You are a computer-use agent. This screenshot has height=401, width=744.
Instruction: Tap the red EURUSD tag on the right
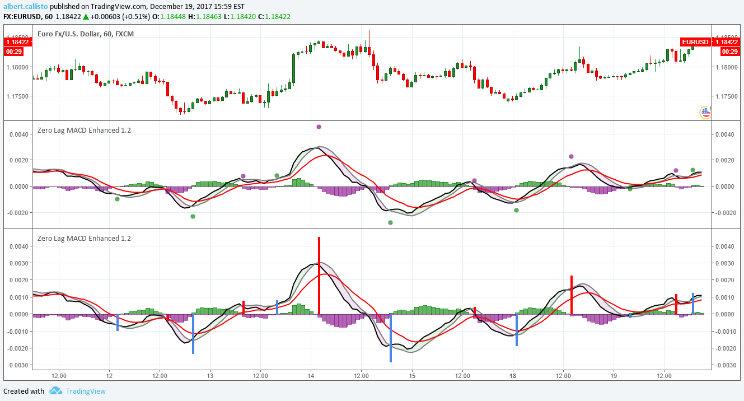point(695,42)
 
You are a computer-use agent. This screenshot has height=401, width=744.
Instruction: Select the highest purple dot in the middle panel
point(319,127)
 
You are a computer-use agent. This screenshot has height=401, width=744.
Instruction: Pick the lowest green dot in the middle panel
point(390,222)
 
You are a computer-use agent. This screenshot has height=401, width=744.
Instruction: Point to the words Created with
point(24,391)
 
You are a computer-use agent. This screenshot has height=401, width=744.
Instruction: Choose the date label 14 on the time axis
point(311,376)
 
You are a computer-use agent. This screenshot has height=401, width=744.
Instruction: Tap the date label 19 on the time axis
point(614,376)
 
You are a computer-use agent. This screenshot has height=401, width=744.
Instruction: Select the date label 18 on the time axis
point(513,376)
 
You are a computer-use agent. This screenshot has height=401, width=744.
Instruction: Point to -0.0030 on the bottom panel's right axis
point(724,365)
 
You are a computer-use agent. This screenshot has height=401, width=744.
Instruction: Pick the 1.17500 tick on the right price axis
point(726,96)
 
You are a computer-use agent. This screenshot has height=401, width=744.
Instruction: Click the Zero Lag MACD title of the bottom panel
point(84,239)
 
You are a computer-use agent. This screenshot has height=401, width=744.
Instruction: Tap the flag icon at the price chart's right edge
point(705,113)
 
